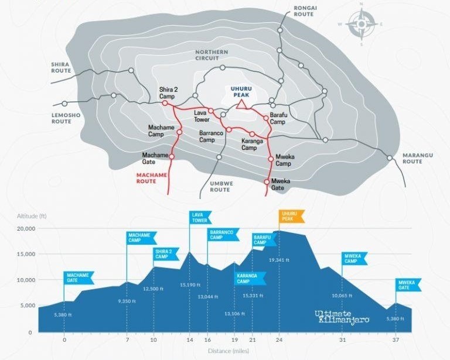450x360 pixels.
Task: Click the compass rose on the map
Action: (362, 24)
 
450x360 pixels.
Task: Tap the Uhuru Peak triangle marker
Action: (241, 105)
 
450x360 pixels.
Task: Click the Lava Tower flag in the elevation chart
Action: (200, 218)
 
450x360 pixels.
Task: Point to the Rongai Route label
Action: (305, 11)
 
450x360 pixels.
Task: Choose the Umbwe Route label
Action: (221, 187)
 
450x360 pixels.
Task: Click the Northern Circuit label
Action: (212, 55)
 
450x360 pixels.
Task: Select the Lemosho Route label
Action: (66, 118)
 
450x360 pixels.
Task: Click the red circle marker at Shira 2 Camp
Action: (165, 103)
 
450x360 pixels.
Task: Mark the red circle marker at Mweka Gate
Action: (267, 181)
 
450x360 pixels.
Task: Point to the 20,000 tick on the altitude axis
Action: (28, 228)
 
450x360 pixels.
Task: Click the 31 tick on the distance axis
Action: (342, 340)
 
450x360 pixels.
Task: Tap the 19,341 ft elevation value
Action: (279, 260)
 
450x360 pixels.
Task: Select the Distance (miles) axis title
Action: (229, 351)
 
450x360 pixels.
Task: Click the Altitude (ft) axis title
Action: (32, 216)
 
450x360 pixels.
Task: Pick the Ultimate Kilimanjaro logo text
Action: (342, 317)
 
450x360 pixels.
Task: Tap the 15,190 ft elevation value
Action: (190, 285)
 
